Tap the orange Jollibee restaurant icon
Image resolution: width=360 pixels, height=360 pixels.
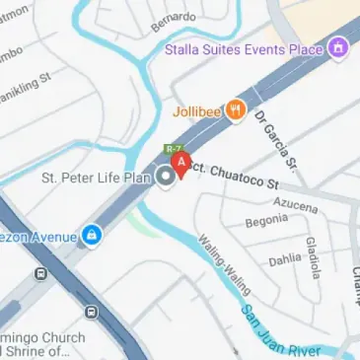(x=235, y=110)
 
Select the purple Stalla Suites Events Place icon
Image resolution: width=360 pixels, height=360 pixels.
(x=338, y=47)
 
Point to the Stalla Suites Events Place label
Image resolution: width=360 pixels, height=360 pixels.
(x=246, y=47)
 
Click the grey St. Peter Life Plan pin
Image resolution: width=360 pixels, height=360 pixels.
(x=167, y=177)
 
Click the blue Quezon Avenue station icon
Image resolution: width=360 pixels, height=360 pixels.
(x=92, y=235)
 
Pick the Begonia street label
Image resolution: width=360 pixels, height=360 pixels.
(x=266, y=223)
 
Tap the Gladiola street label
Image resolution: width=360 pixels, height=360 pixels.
(x=312, y=256)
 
